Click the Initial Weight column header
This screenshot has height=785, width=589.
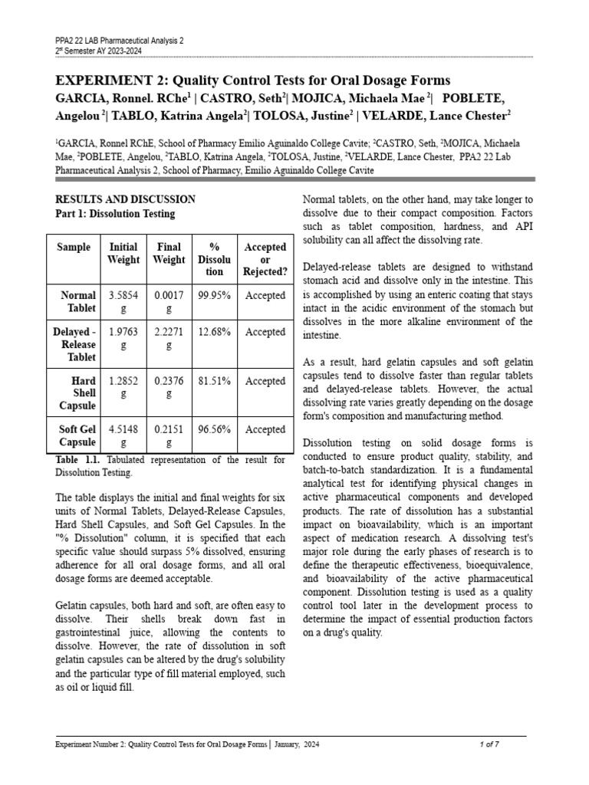pos(123,253)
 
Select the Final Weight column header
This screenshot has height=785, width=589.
pos(169,253)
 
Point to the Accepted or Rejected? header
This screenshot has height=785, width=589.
pos(265,259)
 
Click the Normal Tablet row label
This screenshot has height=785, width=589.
pos(77,301)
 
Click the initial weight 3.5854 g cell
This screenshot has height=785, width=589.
pos(123,301)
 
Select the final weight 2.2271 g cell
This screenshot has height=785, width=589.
pos(169,338)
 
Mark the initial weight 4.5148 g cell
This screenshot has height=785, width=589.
pos(123,436)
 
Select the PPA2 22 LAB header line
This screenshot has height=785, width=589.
pos(120,40)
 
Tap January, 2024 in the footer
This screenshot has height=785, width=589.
pos(298,744)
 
